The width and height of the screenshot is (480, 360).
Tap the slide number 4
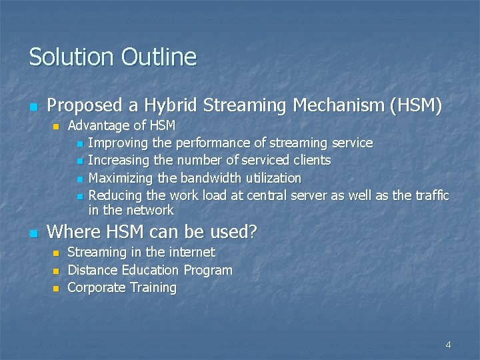tap(448, 345)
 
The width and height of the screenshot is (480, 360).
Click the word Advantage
tap(99, 125)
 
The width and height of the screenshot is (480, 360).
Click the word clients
tap(313, 160)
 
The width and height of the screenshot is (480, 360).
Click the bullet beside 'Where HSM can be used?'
tap(33, 233)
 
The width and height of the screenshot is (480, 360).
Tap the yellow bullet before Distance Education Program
tap(56, 271)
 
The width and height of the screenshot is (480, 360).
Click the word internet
tap(192, 252)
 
